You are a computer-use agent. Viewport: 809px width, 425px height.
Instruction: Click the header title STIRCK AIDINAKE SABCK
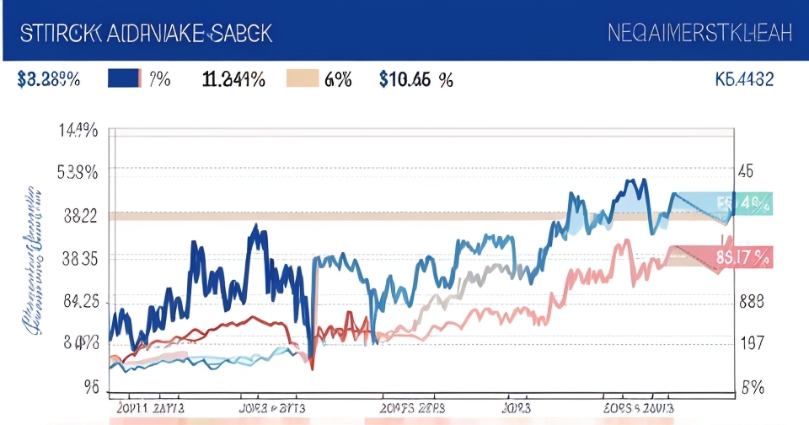144,33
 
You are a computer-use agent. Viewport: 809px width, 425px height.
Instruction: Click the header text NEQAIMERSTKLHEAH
699,33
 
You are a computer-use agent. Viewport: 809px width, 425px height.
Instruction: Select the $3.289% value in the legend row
48,80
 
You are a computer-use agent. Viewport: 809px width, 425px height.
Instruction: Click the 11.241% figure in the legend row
233,80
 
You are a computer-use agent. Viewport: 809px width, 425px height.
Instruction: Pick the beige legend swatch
303,79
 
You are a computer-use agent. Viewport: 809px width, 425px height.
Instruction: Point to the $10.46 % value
415,80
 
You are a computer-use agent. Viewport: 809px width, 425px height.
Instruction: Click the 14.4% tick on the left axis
78,131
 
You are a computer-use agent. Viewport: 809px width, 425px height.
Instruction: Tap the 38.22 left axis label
79,215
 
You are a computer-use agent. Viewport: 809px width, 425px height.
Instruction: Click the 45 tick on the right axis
746,171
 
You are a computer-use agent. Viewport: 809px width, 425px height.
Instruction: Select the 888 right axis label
751,301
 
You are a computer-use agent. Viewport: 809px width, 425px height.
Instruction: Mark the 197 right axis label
750,343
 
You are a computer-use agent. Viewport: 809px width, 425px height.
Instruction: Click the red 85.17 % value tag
743,256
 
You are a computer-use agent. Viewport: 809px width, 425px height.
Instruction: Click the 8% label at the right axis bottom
752,387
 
